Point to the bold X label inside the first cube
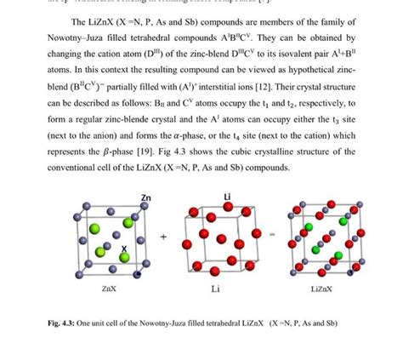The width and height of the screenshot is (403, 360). pos(124,249)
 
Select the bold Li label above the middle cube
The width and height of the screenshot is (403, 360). pos(227,197)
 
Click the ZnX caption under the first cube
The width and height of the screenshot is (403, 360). pos(108,289)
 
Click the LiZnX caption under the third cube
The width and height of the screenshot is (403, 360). pos(321,289)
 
